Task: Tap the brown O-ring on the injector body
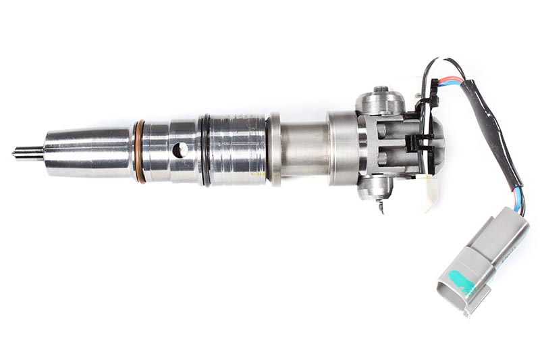coord(139,151)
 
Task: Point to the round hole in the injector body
coord(180,150)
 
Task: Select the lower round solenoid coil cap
coord(375,189)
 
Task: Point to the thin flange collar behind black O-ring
coord(273,149)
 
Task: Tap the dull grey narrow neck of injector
coord(304,149)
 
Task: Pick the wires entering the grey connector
coord(518,202)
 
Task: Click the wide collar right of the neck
coord(343,149)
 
